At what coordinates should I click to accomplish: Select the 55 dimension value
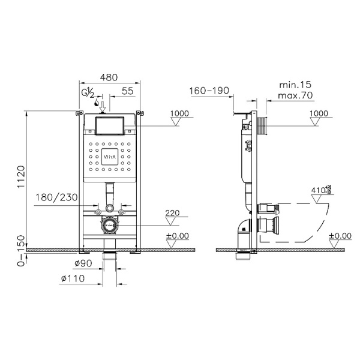click(127, 92)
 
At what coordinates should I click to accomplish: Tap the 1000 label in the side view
click(320, 113)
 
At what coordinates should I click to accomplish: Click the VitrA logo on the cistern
click(109, 157)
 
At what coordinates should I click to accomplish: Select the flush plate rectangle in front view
click(109, 125)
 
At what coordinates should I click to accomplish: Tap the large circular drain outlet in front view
click(109, 227)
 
